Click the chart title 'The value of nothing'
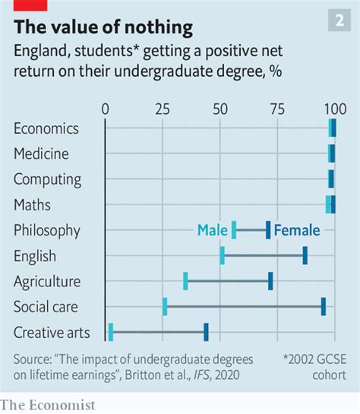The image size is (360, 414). pyautogui.click(x=103, y=28)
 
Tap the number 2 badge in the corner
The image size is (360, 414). pyautogui.click(x=339, y=21)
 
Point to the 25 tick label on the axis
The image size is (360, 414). pyautogui.click(x=163, y=108)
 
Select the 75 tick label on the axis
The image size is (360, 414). pyautogui.click(x=276, y=108)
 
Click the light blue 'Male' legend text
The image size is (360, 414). pyautogui.click(x=212, y=230)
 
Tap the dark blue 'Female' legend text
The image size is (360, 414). pyautogui.click(x=297, y=230)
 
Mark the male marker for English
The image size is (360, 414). pyautogui.click(x=222, y=256)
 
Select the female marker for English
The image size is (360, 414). pyautogui.click(x=305, y=256)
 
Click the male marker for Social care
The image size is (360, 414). pyautogui.click(x=165, y=307)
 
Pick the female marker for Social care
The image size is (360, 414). pyautogui.click(x=324, y=307)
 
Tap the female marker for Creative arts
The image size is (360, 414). pyautogui.click(x=206, y=332)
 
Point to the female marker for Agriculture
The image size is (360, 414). pyautogui.click(x=270, y=281)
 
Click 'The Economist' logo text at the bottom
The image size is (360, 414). pyautogui.click(x=48, y=405)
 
